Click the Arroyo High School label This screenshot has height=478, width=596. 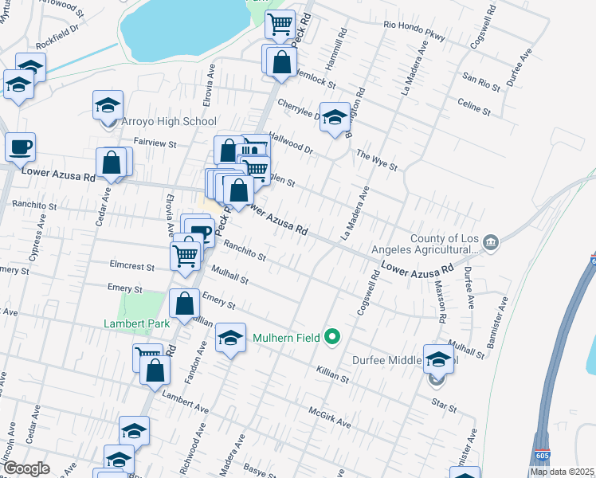click(x=168, y=122)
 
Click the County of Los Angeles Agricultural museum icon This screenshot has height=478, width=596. click(x=490, y=242)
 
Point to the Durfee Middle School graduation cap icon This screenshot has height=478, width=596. click(x=438, y=359)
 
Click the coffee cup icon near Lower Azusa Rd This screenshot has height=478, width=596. click(x=20, y=147)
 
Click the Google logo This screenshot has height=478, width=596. click(x=26, y=468)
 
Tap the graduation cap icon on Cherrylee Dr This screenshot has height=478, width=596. click(x=335, y=117)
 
